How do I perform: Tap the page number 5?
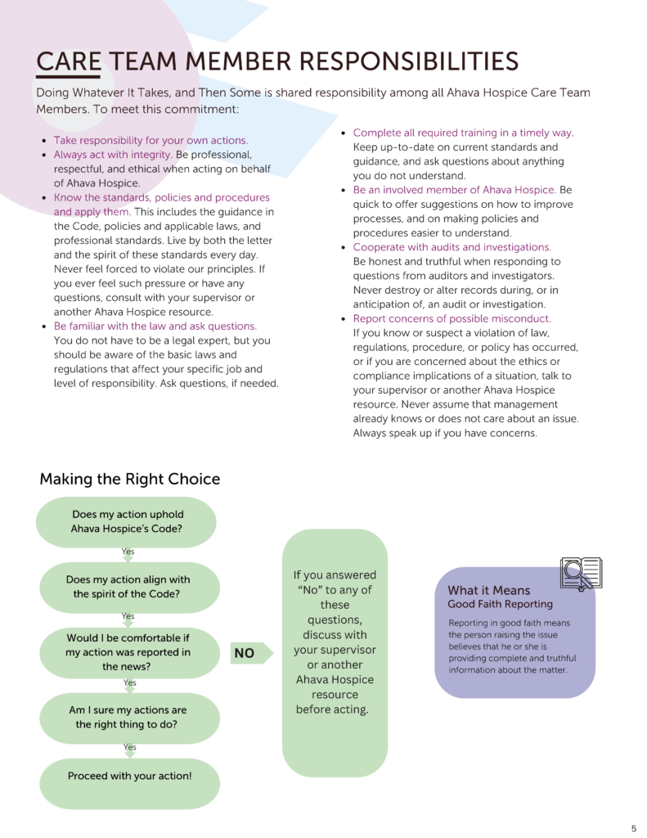(x=633, y=827)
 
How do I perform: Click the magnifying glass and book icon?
(x=580, y=573)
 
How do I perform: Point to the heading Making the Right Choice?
(x=129, y=479)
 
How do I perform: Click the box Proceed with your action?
(x=129, y=775)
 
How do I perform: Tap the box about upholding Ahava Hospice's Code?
(x=128, y=522)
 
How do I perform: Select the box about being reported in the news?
(x=128, y=652)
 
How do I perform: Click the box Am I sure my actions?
(x=128, y=717)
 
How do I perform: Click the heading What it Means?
(x=488, y=590)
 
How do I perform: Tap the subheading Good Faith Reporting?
(x=500, y=604)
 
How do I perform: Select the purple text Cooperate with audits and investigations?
(x=452, y=247)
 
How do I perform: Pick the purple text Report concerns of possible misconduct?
(x=452, y=318)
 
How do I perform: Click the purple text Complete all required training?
(x=463, y=133)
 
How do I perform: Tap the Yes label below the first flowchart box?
(x=128, y=552)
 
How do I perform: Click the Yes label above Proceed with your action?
(x=129, y=747)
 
